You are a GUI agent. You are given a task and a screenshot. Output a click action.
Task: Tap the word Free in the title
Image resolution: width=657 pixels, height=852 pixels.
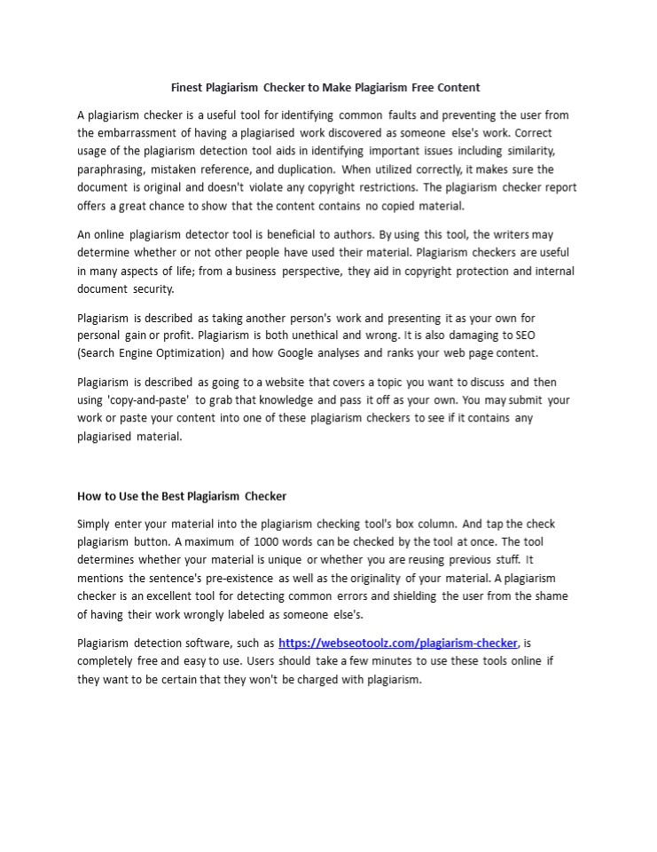point(425,87)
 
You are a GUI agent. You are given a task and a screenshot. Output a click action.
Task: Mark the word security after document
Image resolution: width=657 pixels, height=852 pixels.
point(154,288)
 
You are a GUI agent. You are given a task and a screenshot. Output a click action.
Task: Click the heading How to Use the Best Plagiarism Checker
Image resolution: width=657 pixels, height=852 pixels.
point(182,495)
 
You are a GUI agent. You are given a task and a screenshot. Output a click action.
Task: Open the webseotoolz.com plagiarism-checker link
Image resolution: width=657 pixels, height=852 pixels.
point(397,643)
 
